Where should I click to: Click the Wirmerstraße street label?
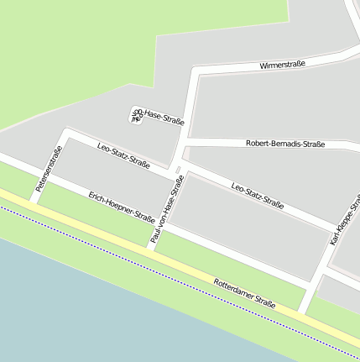click(x=282, y=64)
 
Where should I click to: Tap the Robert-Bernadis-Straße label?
click(x=285, y=144)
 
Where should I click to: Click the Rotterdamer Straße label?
click(x=244, y=292)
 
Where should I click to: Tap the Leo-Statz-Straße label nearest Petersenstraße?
click(x=123, y=155)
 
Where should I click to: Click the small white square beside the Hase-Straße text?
click(x=136, y=114)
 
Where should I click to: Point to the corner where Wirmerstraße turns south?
click(x=195, y=73)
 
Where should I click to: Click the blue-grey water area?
click(x=84, y=311)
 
